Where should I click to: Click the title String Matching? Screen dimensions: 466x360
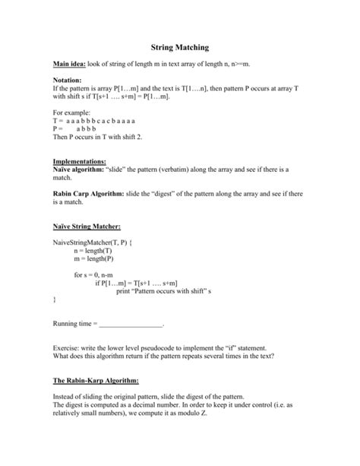point(180,47)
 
